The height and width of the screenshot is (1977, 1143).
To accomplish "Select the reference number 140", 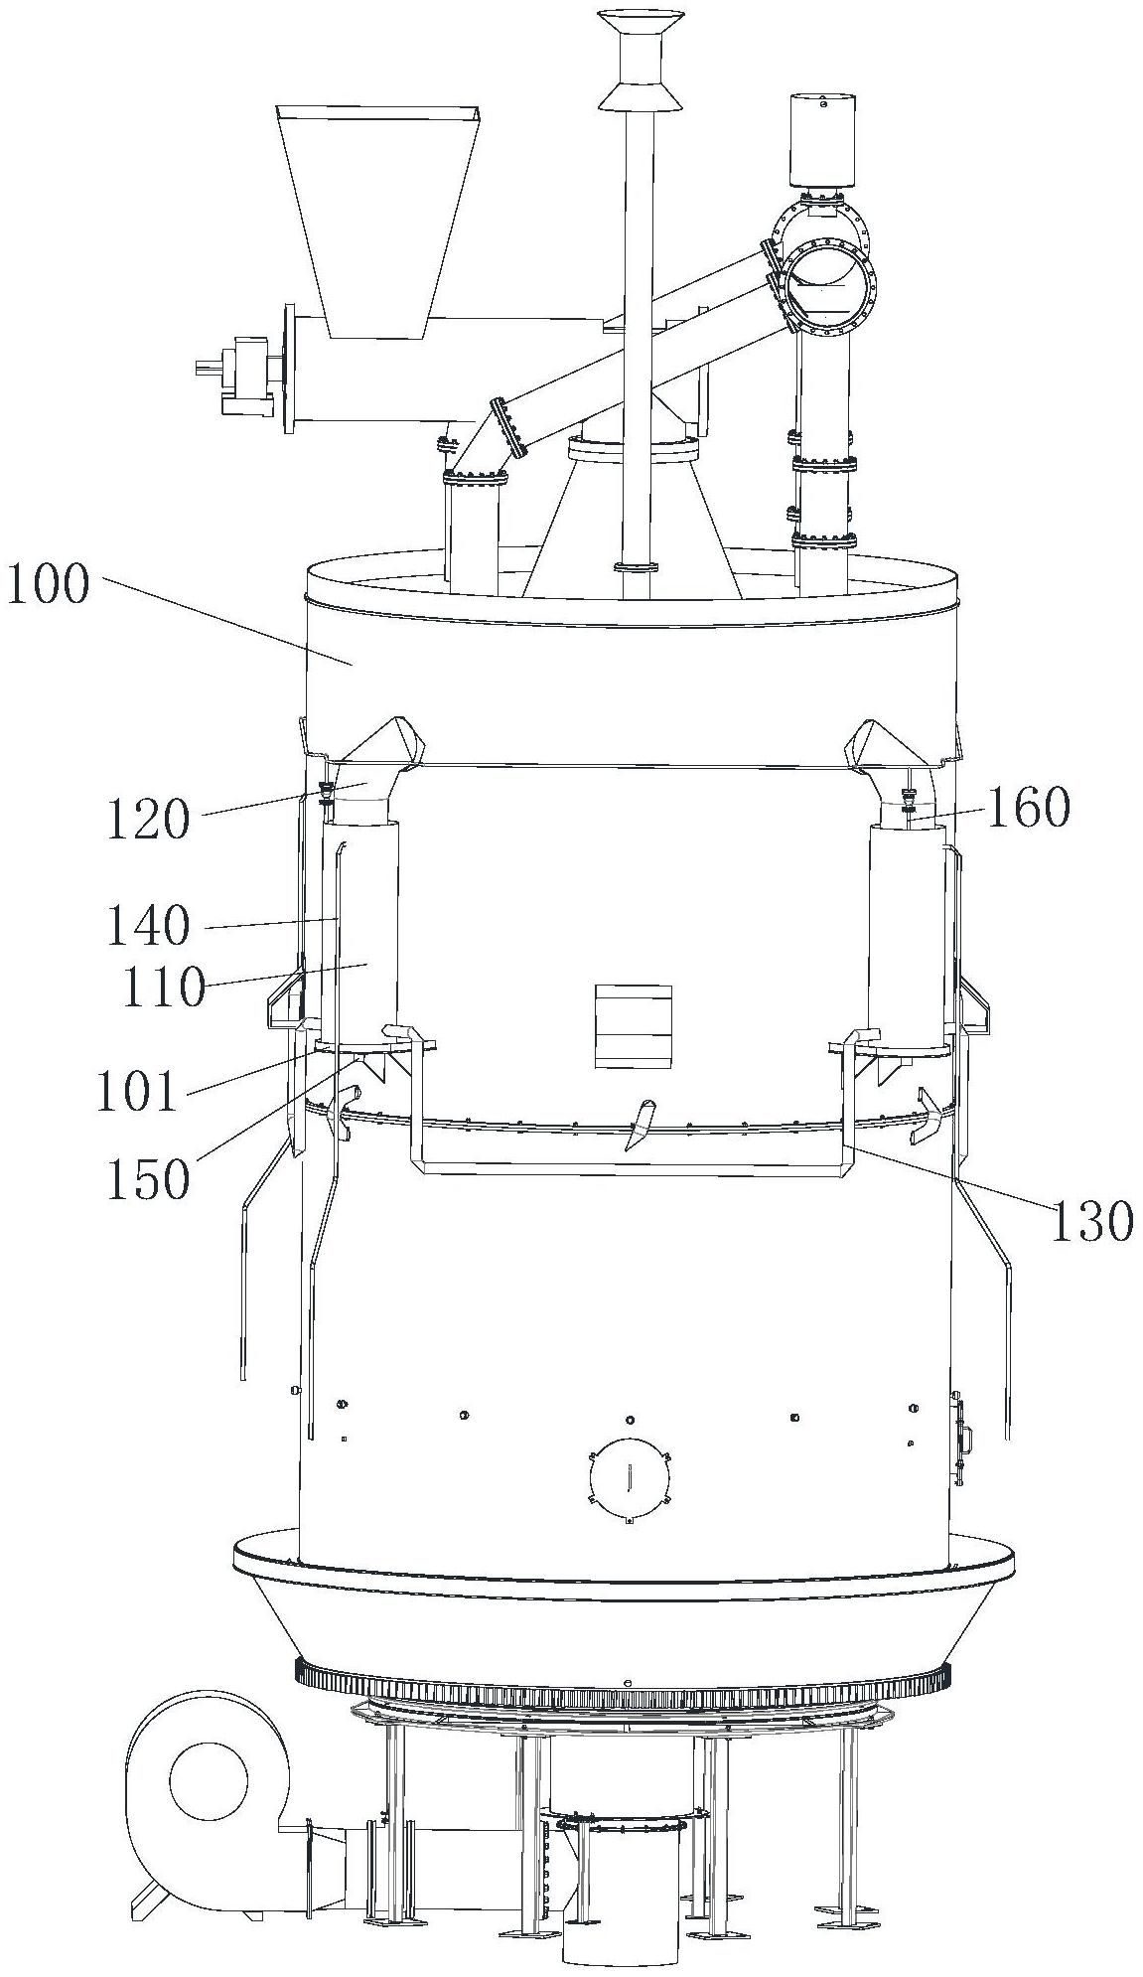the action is [x=149, y=926].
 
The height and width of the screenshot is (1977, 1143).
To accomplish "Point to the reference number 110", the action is [x=164, y=989].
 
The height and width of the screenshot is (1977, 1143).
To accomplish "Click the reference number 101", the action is [x=136, y=1091].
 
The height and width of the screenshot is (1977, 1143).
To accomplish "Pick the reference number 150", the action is [x=149, y=1180].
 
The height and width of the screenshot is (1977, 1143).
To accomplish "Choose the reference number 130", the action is [x=1090, y=1221].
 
